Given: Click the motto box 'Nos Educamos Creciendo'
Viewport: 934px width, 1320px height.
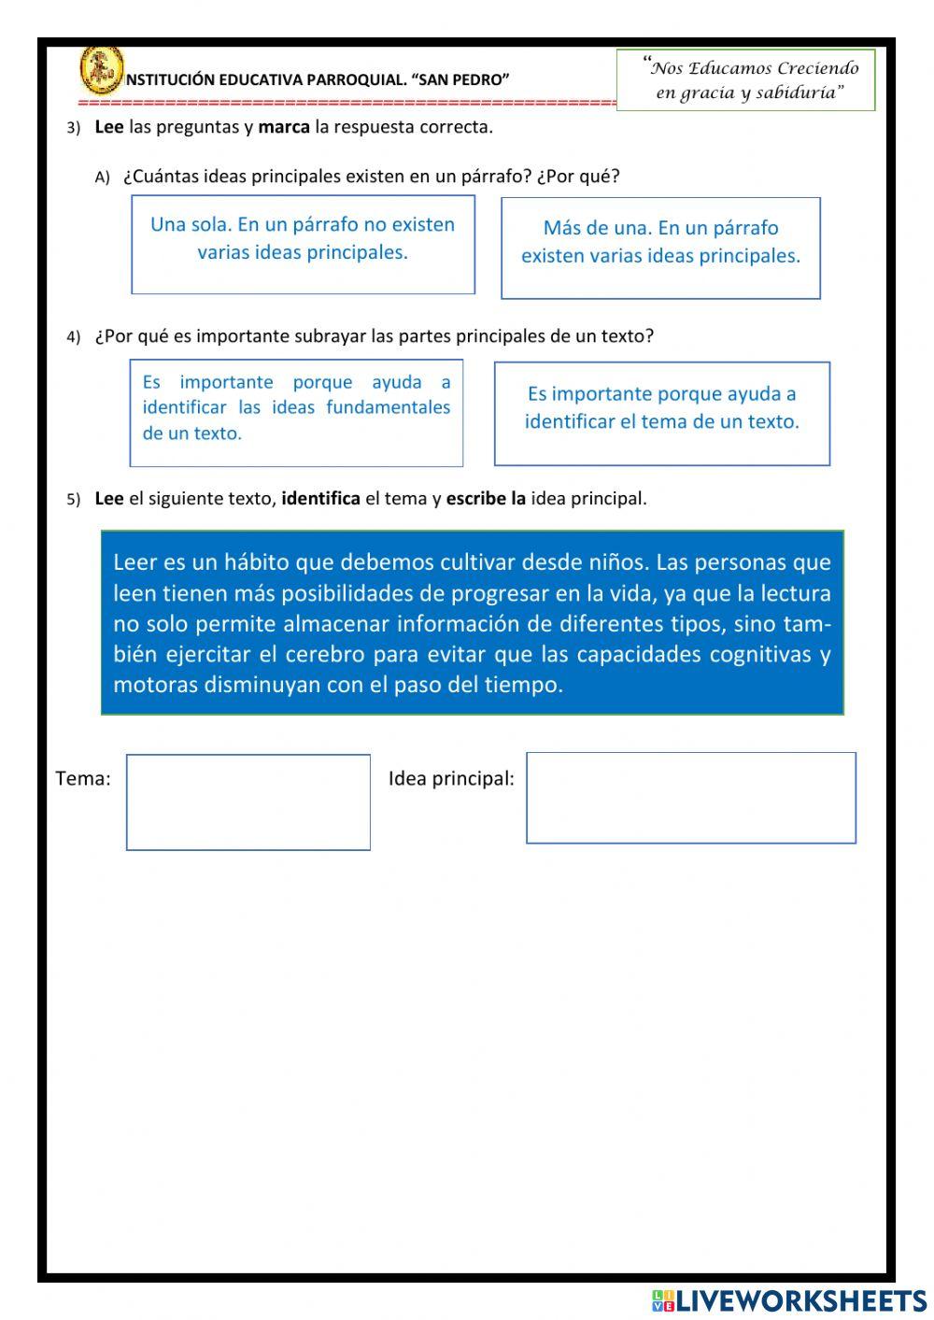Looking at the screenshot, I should [745, 80].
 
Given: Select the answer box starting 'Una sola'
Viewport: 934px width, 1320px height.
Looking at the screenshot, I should [303, 244].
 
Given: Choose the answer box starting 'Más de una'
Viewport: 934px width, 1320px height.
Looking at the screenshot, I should [660, 248].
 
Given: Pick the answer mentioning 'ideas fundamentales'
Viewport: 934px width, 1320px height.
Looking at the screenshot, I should [296, 412].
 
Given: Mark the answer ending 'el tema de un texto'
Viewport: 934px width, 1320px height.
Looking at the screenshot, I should [661, 413].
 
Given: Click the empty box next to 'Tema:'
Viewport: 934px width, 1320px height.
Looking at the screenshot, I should [248, 802].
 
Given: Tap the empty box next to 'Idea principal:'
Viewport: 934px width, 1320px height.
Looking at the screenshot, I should [690, 798].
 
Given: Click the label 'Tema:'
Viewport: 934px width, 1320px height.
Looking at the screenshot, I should [83, 778].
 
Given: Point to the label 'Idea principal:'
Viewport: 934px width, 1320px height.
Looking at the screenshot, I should [451, 778].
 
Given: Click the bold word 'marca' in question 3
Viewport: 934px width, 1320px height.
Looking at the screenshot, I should [284, 127].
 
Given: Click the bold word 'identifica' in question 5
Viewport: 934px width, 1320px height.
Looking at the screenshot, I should [320, 498].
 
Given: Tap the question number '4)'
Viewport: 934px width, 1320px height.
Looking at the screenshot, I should [74, 337].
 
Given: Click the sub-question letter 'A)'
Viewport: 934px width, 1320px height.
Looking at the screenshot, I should [103, 177].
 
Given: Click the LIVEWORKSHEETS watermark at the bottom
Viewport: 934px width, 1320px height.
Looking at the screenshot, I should [789, 1300].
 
